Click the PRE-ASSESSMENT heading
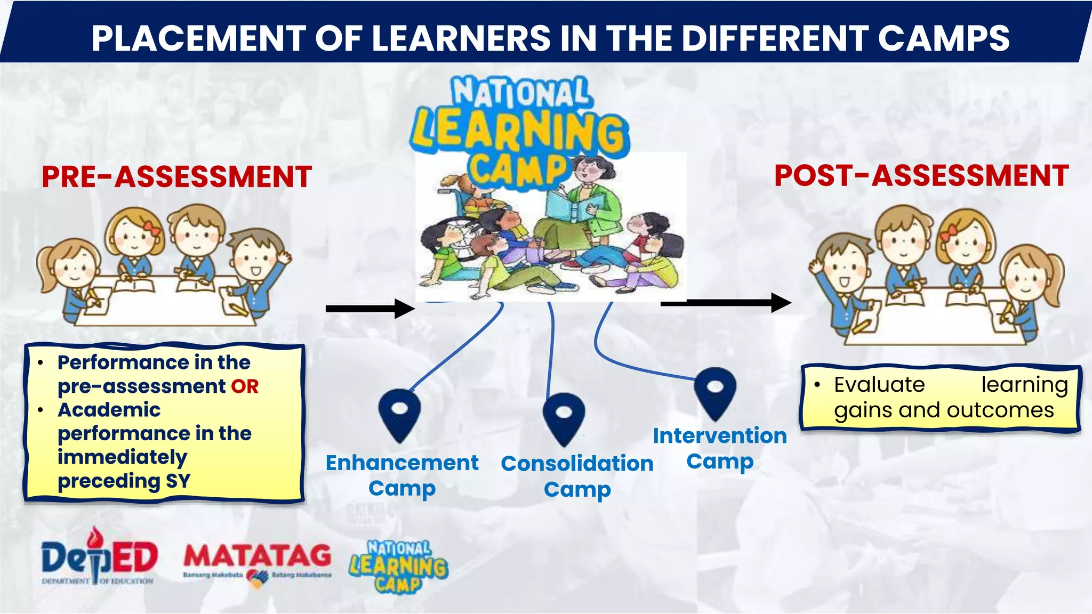(176, 177)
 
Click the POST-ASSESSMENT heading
(921, 176)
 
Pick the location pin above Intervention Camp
(715, 392)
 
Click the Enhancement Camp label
(402, 475)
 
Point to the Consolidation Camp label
(577, 476)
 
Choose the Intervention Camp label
(720, 448)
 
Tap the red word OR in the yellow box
(245, 386)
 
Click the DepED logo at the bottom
(99, 559)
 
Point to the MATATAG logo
(258, 562)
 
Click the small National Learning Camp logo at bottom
(398, 567)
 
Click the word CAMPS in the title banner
(943, 38)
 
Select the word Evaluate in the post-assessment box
(879, 385)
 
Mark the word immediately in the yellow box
(122, 457)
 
